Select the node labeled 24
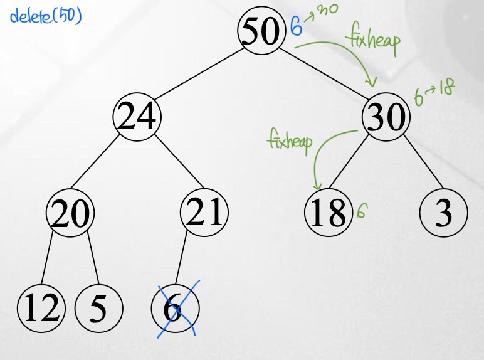click(x=137, y=117)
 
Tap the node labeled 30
click(x=386, y=117)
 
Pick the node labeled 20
click(x=70, y=213)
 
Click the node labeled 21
click(x=204, y=213)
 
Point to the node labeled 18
click(x=328, y=213)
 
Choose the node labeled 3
click(x=444, y=213)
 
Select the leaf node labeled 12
click(x=41, y=309)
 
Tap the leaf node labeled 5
click(x=98, y=309)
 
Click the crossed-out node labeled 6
click(x=175, y=309)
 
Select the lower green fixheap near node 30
click(x=290, y=141)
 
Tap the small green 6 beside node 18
click(x=361, y=211)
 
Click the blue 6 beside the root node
click(x=297, y=28)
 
